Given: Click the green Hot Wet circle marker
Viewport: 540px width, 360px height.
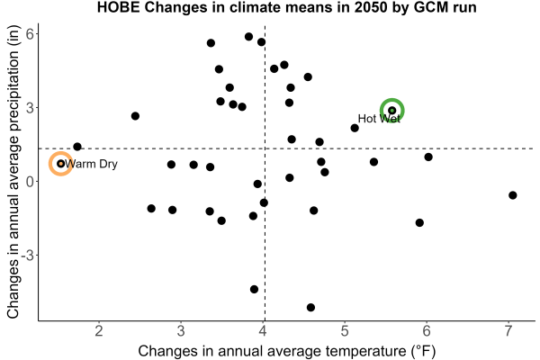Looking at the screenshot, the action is point(391,100).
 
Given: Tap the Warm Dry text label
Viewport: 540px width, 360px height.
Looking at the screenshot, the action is point(91,164).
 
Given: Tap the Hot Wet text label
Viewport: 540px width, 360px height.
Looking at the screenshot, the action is point(379,119).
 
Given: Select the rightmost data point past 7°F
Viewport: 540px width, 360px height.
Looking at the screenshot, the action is point(512,195).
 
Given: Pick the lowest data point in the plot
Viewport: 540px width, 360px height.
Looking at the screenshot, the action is point(310,307).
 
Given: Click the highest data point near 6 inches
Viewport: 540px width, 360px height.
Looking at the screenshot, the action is point(248,37).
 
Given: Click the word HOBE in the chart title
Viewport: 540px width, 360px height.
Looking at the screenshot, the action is point(119,7).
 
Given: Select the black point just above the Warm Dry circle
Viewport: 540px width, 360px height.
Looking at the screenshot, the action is point(77,147).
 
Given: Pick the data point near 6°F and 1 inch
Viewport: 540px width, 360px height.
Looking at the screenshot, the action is point(428,157).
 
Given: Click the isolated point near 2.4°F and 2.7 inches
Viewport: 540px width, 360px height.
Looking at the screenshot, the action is point(135,116).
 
